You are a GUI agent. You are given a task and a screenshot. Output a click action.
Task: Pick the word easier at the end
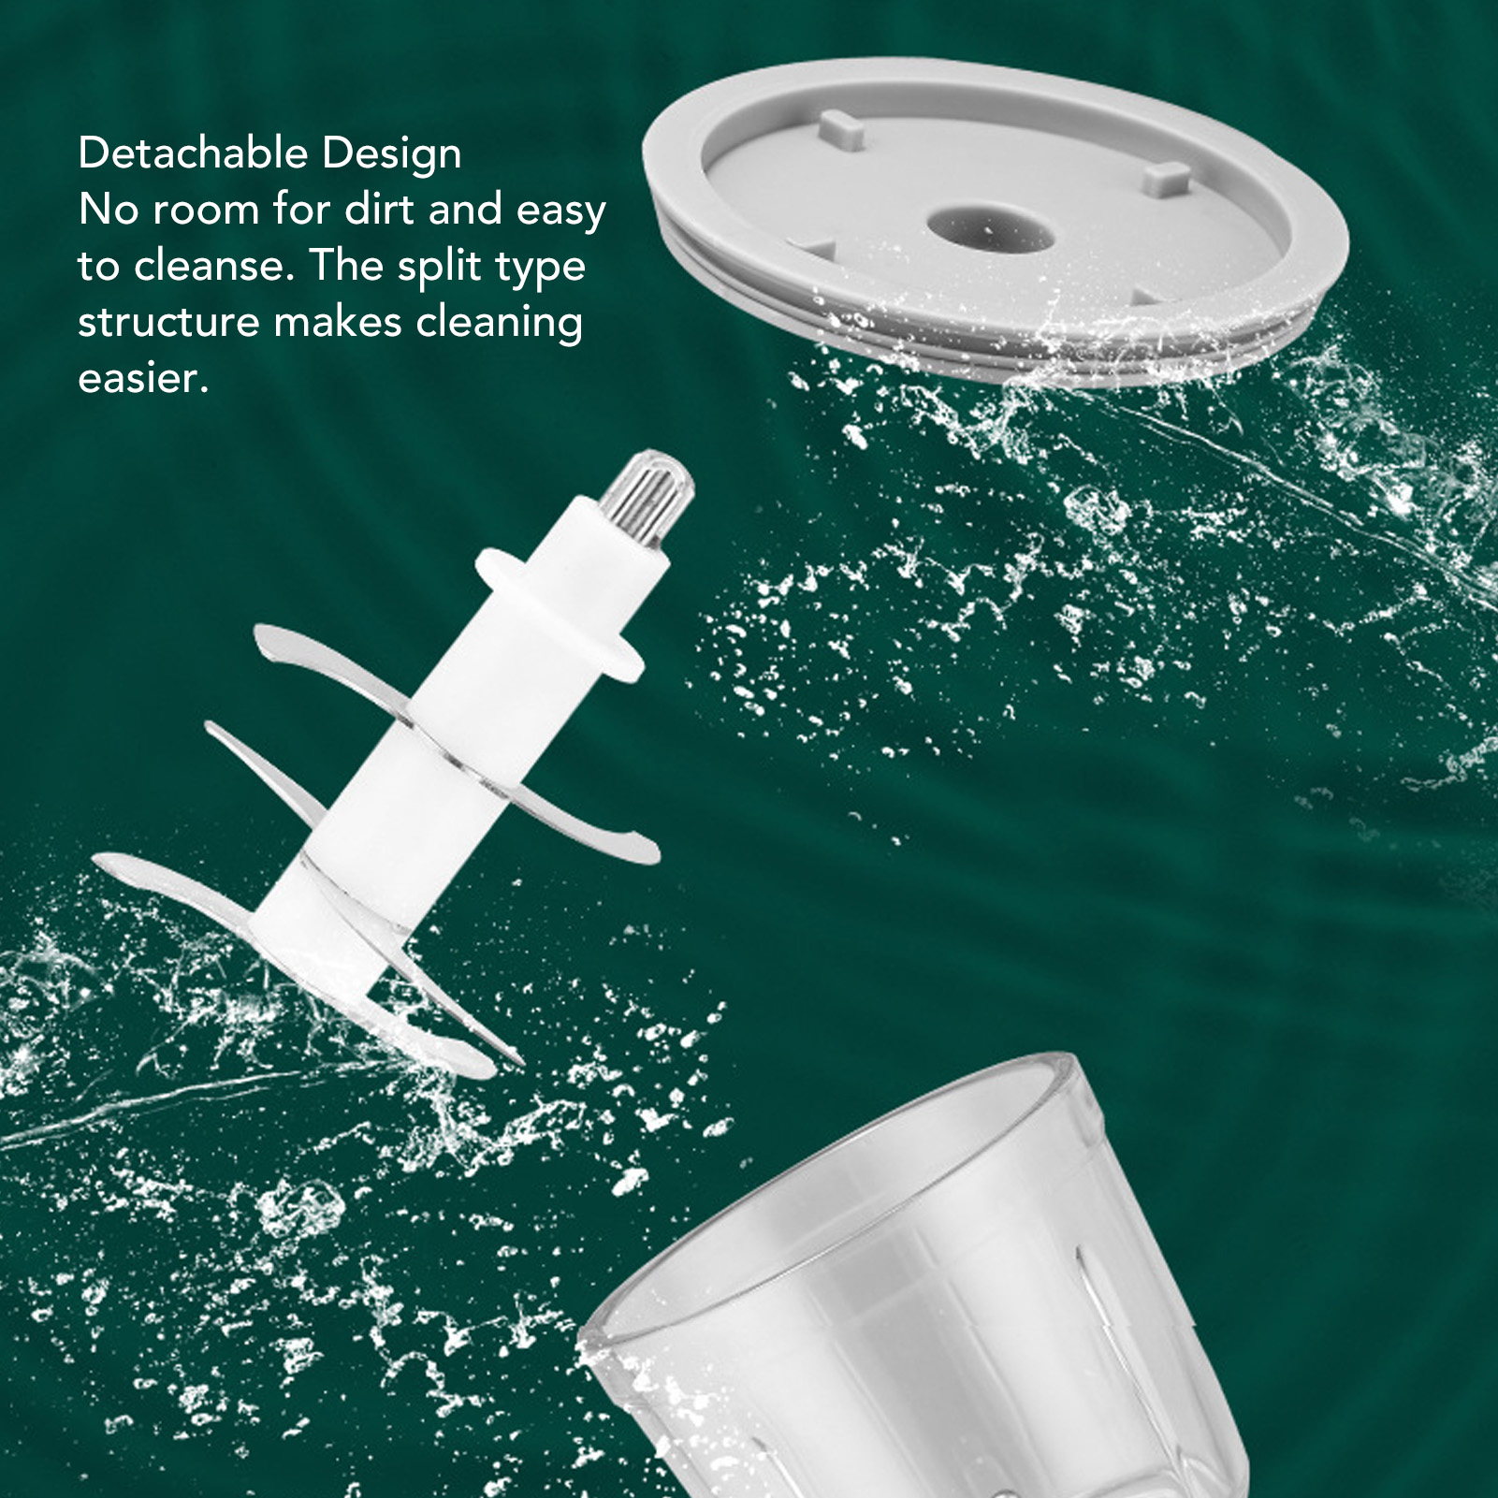142,378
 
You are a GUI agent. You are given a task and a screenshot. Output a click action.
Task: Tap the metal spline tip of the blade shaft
647,496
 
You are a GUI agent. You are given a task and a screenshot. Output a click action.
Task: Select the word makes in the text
337,322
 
